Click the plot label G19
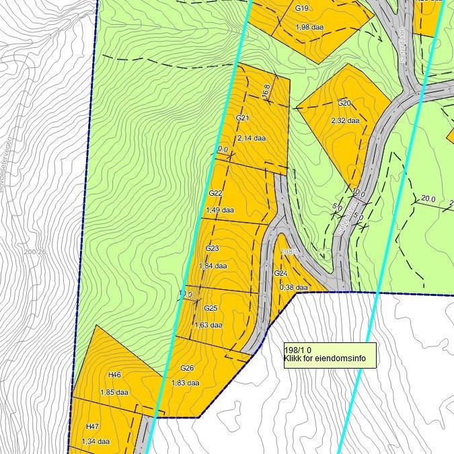tap(302, 9)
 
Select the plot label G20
tap(344, 103)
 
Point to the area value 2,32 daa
tap(345, 121)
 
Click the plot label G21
tap(243, 118)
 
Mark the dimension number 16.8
tap(266, 91)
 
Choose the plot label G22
tap(215, 193)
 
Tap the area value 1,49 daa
tap(219, 210)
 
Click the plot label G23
tap(213, 248)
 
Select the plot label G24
tap(280, 274)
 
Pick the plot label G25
tap(211, 308)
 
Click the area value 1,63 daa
tap(207, 325)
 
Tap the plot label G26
tap(187, 368)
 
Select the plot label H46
tap(114, 375)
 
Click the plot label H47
tap(92, 426)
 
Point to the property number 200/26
tap(35, 252)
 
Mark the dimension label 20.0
tap(428, 198)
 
